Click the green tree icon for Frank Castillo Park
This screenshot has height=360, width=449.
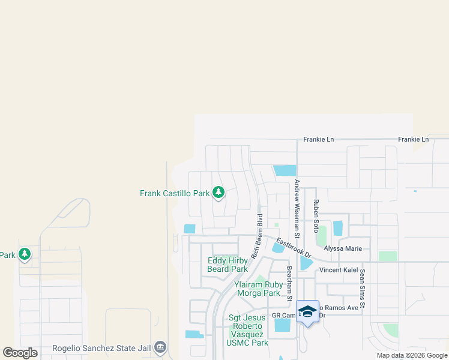point(219,193)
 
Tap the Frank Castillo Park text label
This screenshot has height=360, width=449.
point(175,193)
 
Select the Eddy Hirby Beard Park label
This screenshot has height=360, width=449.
point(227,265)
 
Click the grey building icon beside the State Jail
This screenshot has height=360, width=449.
point(160,347)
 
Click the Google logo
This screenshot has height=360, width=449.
point(20,353)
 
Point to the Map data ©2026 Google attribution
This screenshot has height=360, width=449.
point(412,355)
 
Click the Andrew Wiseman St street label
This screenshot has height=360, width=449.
point(297,206)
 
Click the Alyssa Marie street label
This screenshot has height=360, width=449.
point(343,248)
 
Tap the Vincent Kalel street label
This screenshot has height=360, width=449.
point(339,270)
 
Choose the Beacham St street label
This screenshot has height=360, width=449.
point(289,284)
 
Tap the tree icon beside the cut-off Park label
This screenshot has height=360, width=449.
point(25,255)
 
